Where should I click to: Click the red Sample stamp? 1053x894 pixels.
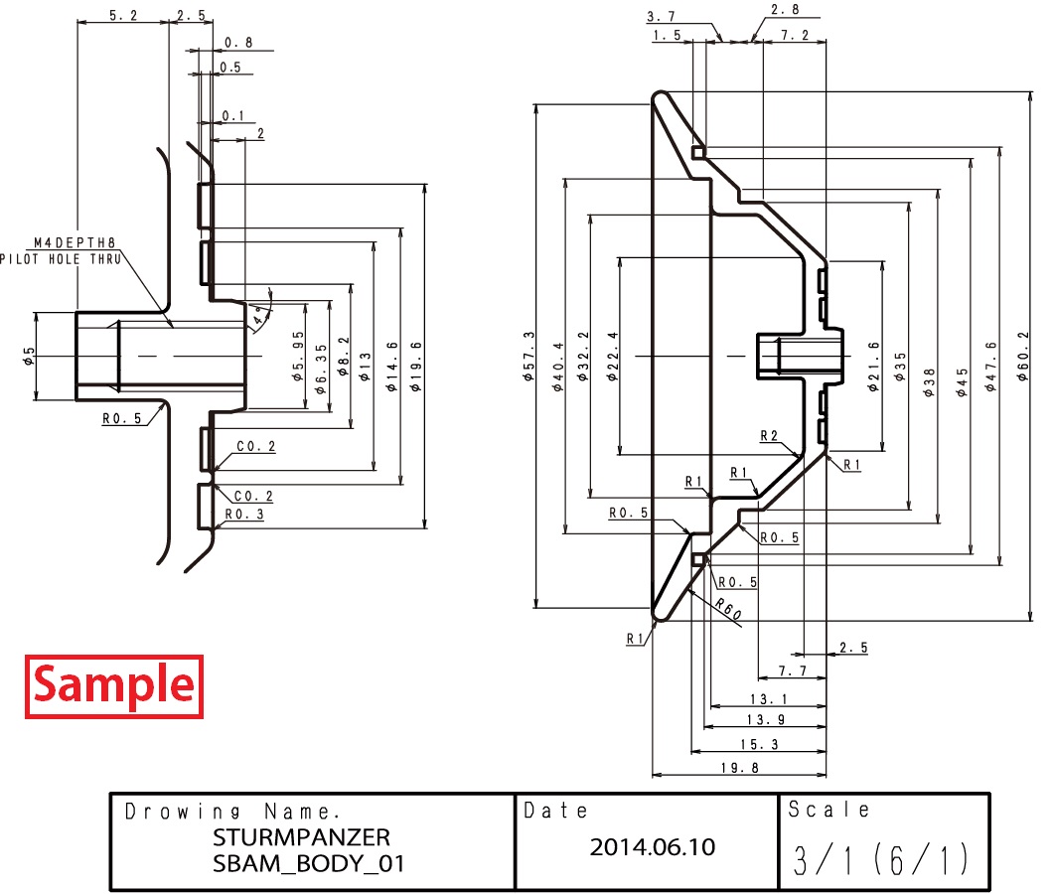tap(113, 686)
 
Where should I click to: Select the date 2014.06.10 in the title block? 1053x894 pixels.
tap(652, 847)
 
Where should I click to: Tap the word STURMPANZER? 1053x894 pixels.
tap(302, 835)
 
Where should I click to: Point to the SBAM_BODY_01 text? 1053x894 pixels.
tap(309, 862)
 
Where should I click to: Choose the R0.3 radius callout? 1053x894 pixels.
tap(243, 515)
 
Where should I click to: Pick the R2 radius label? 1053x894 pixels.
tap(768, 435)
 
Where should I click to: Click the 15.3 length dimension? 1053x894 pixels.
tap(758, 744)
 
